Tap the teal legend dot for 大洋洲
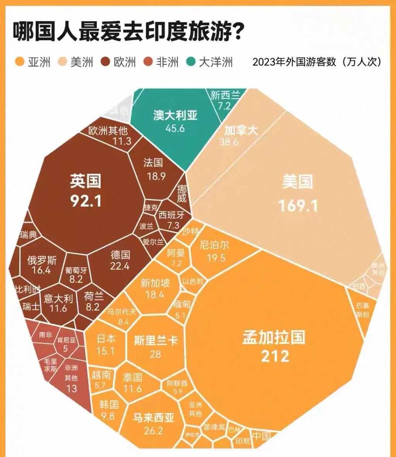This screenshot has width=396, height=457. pos(191,62)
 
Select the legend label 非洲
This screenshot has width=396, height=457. pos(167,62)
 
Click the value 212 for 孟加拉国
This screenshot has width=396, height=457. pos(275,355)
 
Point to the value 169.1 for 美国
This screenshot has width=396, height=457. pos(298,205)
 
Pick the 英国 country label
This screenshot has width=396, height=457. pos(85,180)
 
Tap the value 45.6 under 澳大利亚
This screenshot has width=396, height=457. pos(175,128)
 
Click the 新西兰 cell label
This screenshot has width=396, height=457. pos(225,95)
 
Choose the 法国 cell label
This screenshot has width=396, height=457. pos(153,163)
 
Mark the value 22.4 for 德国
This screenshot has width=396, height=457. pos(120,266)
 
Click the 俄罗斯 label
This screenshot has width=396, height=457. pos(42,260)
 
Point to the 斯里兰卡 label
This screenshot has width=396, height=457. pos(155,341)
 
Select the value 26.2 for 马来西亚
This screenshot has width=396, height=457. pos(153,431)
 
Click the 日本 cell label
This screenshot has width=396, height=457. pos(106,339)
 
